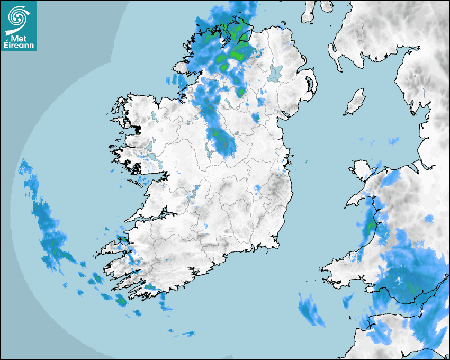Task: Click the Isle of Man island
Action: pos(355,102)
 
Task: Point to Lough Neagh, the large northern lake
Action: pos(275,73)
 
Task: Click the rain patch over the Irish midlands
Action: pos(222,142)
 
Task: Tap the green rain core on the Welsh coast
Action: pos(371,226)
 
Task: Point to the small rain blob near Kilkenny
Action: pos(258,188)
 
